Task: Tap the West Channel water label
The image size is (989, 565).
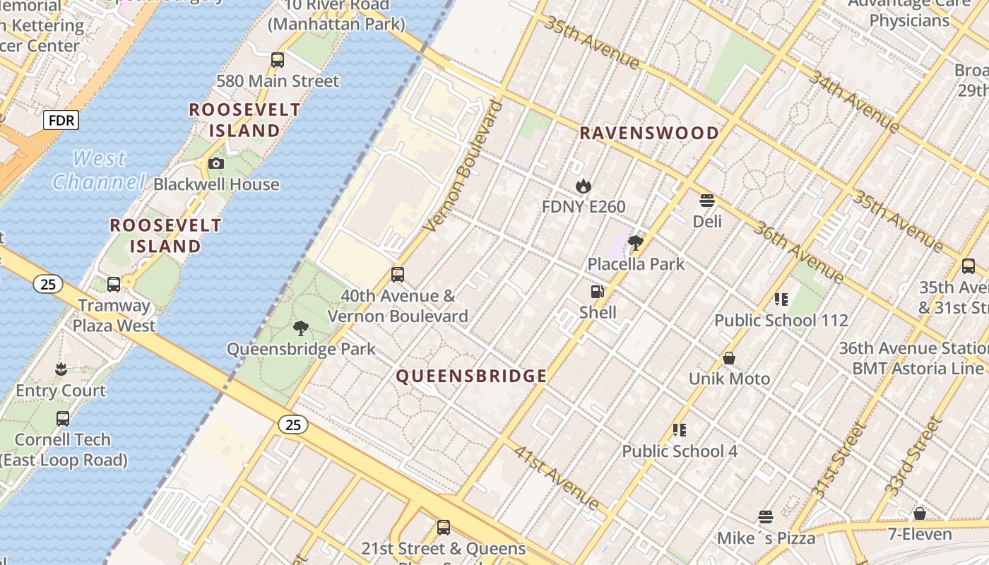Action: [99, 170]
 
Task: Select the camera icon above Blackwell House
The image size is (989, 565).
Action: [216, 164]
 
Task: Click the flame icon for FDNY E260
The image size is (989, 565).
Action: [583, 186]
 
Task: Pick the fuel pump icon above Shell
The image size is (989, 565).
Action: [598, 292]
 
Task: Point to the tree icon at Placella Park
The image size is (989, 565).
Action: [636, 244]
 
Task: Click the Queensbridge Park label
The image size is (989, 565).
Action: [301, 349]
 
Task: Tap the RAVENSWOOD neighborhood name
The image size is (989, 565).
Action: [649, 133]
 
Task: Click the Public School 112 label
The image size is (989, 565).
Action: [781, 321]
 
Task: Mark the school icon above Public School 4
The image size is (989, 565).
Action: [680, 430]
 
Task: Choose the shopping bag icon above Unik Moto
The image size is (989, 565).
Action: [729, 359]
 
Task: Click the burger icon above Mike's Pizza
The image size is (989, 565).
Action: [766, 517]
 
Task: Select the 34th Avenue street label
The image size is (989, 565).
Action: [853, 101]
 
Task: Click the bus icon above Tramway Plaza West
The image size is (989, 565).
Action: [114, 285]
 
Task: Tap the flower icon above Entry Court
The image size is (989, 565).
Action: [61, 369]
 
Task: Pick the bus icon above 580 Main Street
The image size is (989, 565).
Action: [278, 60]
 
